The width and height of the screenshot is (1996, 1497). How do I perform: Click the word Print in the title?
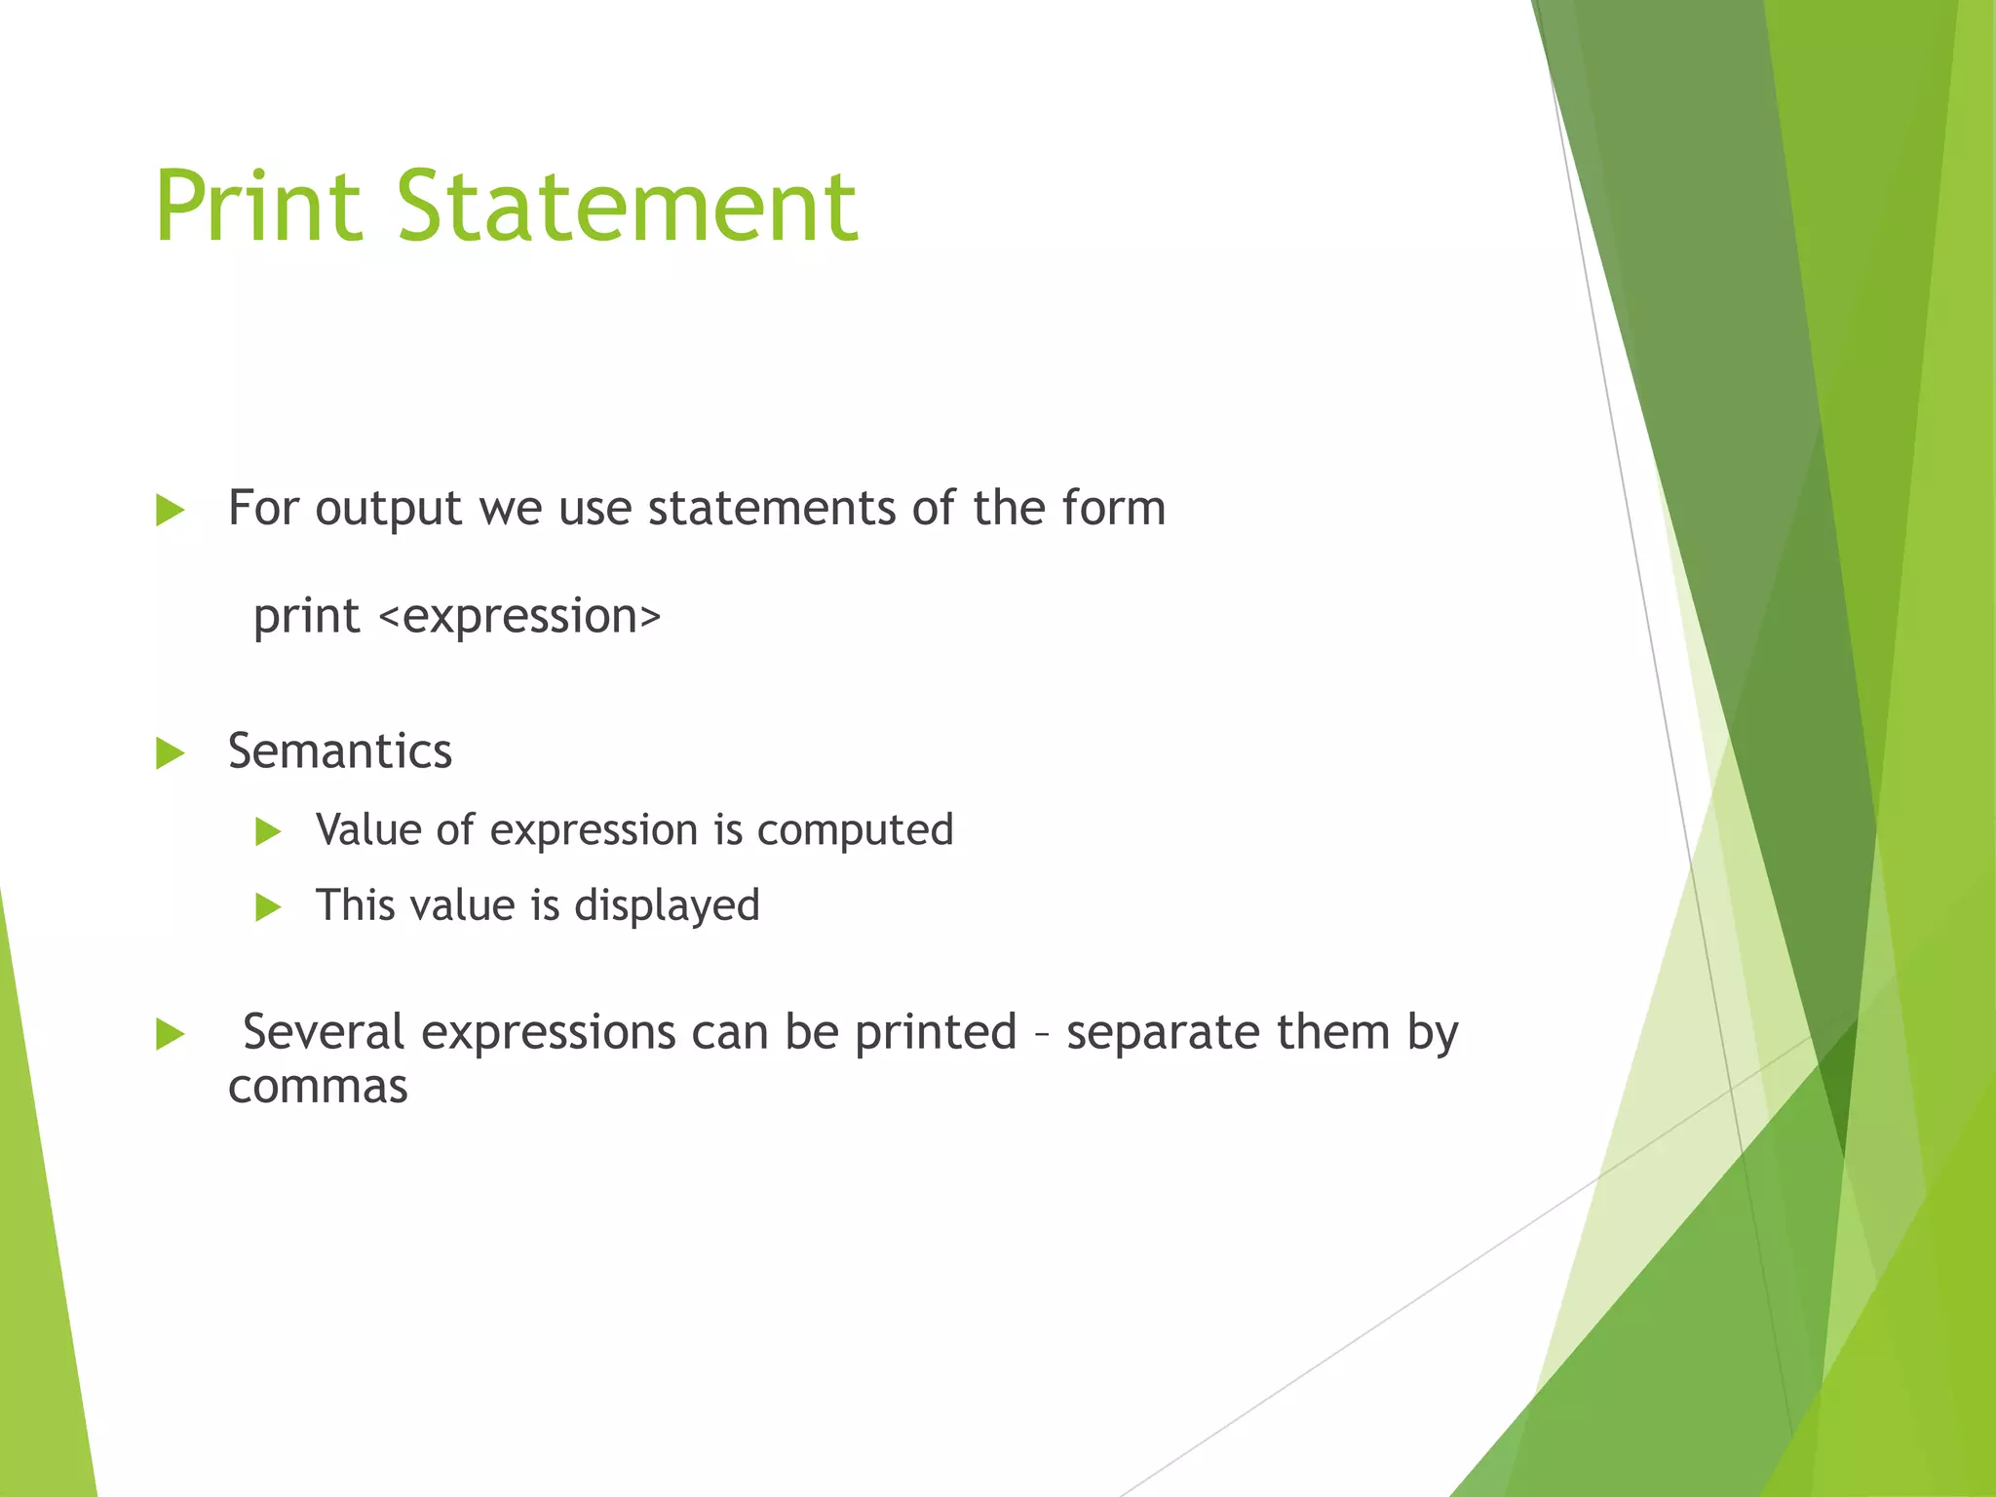pos(258,207)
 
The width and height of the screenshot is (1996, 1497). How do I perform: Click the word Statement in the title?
pos(627,207)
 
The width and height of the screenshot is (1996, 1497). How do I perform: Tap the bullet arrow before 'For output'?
pos(170,510)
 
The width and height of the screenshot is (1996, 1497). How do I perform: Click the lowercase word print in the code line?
pos(306,616)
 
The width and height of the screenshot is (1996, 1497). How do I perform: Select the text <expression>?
pos(519,617)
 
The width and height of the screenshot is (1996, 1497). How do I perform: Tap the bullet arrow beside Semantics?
pos(170,753)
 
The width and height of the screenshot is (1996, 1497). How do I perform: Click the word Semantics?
pos(340,751)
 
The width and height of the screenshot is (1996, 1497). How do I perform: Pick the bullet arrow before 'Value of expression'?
pos(267,831)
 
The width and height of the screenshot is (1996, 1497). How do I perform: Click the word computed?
pos(855,831)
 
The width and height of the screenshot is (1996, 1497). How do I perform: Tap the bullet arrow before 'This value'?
pos(267,907)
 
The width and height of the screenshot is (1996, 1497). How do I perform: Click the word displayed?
pos(667,906)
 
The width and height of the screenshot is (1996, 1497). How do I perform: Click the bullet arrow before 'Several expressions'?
pos(170,1034)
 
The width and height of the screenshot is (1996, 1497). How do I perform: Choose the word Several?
pos(324,1032)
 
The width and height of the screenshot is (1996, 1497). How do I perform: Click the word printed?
pos(936,1033)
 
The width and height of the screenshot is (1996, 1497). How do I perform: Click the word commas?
pos(318,1087)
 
